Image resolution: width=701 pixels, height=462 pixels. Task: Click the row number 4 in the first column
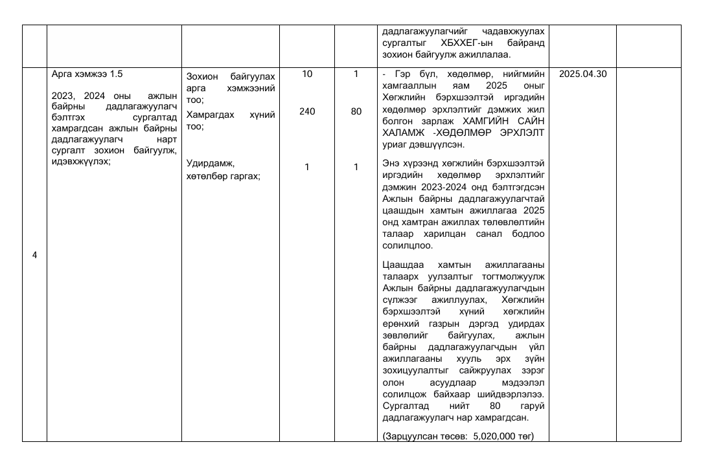[34, 255]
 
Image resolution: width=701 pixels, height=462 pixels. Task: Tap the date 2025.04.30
[582, 74]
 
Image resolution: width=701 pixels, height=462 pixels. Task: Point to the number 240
[307, 111]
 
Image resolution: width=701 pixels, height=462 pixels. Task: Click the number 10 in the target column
[307, 74]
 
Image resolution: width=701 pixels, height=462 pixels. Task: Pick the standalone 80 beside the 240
[356, 111]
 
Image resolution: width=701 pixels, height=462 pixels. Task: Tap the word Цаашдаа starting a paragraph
[404, 265]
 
